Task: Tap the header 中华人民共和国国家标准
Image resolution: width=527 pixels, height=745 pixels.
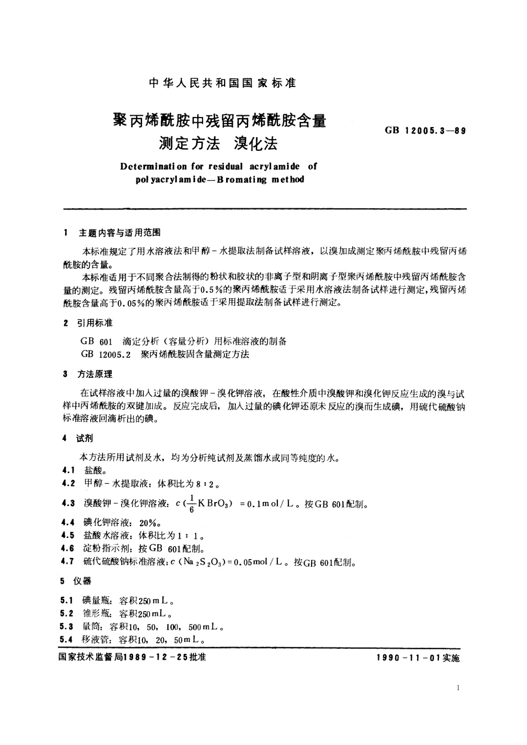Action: click(223, 83)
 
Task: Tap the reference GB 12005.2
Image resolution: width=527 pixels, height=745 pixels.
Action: click(106, 355)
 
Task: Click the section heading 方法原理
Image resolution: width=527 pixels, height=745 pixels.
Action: click(95, 374)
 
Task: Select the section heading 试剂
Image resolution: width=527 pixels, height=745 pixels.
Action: click(85, 438)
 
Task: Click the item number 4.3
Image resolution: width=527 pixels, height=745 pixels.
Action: click(69, 503)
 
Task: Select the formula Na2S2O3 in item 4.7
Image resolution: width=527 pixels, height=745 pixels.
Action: click(203, 563)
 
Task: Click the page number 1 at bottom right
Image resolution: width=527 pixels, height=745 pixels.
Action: click(458, 688)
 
